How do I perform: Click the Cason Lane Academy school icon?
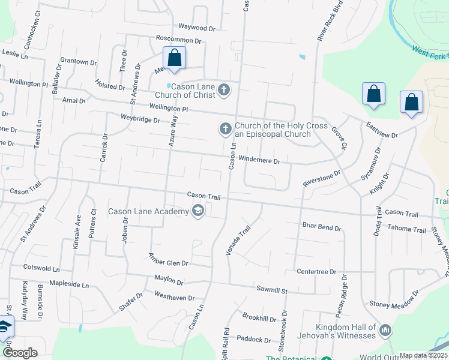(x=197, y=211)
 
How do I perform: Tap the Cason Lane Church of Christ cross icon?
(x=223, y=90)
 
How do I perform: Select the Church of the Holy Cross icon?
(x=225, y=129)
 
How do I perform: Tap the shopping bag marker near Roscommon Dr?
(x=175, y=59)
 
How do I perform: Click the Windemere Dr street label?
(x=259, y=161)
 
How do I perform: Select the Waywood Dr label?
(x=196, y=28)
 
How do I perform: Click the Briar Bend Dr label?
(x=322, y=228)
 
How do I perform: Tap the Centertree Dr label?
(x=316, y=272)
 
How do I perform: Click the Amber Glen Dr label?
(x=168, y=259)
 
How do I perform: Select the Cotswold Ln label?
(x=41, y=268)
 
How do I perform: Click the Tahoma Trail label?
(x=406, y=228)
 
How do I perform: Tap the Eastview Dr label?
(x=382, y=130)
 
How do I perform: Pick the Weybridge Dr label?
(x=140, y=119)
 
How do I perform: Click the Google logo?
(x=20, y=353)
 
